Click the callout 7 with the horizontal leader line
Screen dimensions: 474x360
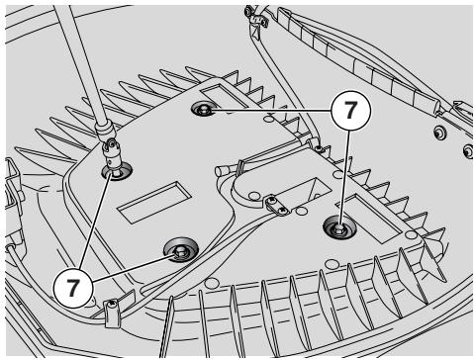350,111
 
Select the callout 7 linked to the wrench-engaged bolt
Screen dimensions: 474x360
73,288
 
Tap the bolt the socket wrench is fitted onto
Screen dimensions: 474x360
117,171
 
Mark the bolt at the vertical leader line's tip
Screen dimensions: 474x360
339,227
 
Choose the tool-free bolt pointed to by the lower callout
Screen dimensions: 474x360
181,250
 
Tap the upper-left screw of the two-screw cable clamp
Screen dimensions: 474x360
271,199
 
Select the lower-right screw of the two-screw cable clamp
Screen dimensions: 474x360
283,210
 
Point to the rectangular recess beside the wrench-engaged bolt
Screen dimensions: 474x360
154,202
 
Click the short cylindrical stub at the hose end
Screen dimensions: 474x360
221,170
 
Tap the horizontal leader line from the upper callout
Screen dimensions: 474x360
269,111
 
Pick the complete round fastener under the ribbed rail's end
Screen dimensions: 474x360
439,133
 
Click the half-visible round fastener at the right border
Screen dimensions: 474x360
469,151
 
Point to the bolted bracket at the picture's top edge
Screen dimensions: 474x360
256,17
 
